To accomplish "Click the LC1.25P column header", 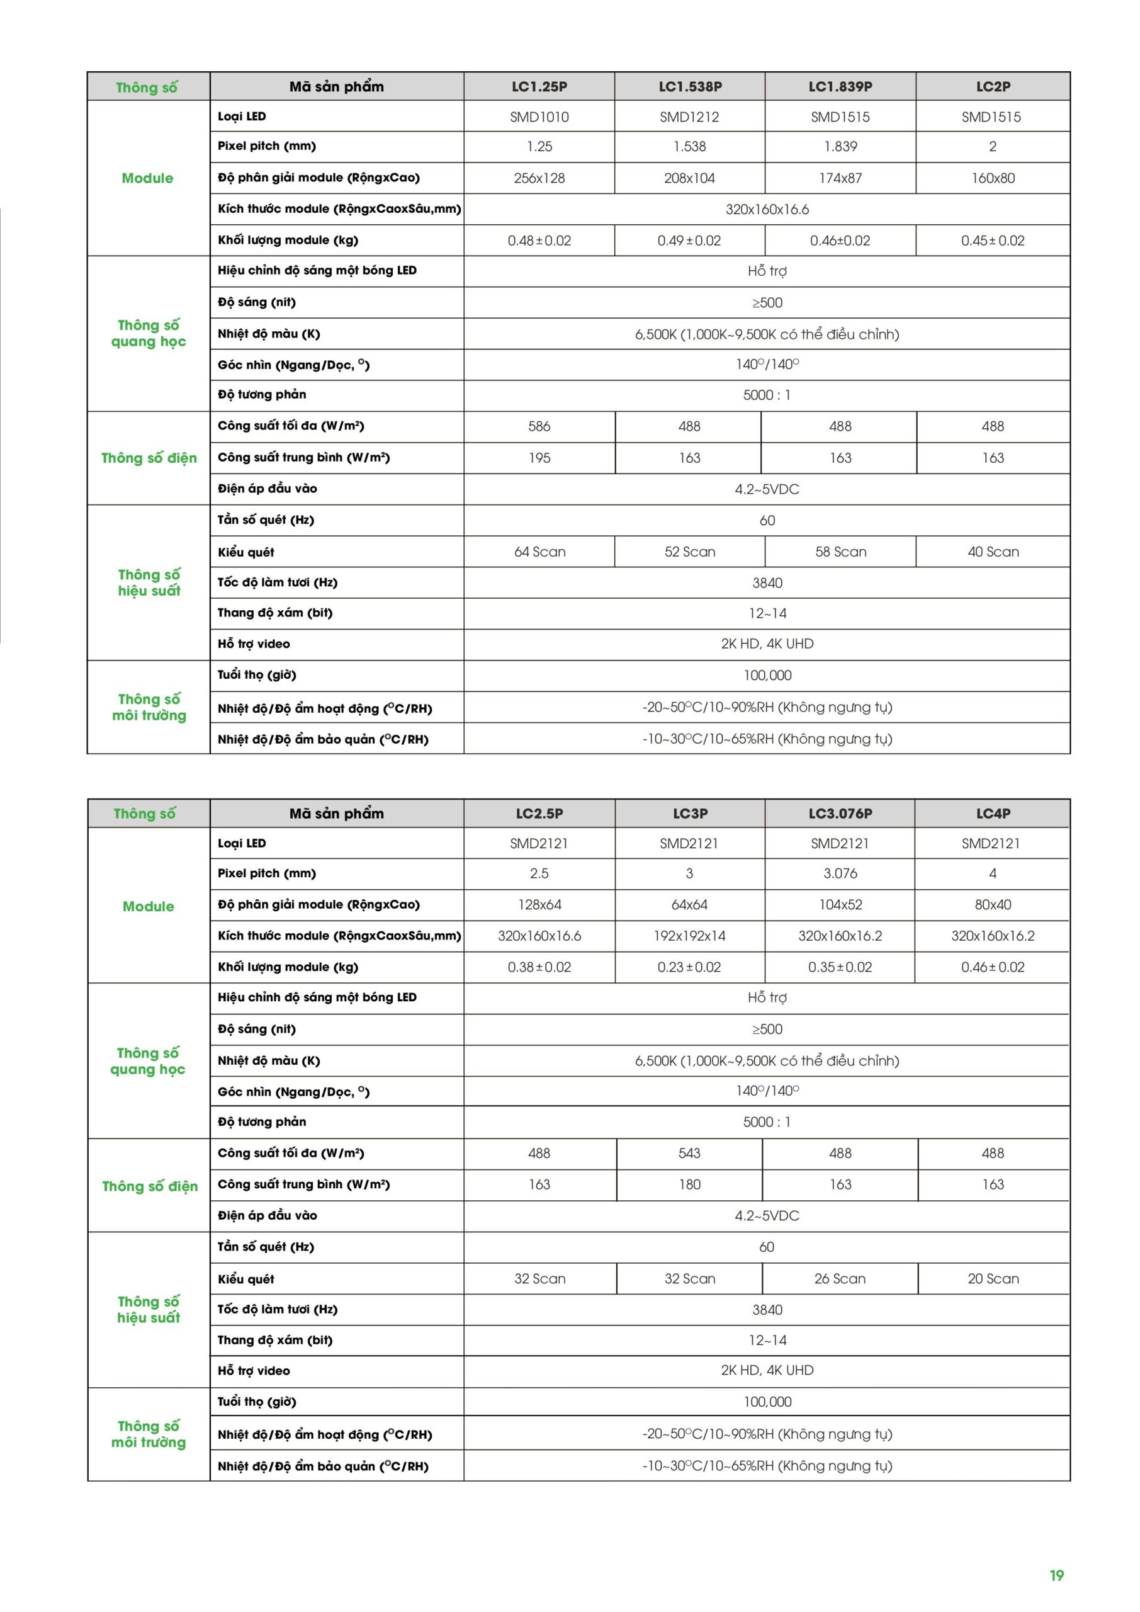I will [539, 86].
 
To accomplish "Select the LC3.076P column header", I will [840, 813].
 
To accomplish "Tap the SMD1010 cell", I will [539, 116].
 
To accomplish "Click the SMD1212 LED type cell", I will [689, 116].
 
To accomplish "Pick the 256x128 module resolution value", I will [539, 178].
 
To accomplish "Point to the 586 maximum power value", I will [539, 426].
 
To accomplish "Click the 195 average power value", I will [539, 458].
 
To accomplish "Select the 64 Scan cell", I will [539, 552].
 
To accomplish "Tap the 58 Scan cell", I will [840, 552].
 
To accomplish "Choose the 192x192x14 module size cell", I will [689, 936].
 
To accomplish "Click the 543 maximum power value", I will [689, 1153].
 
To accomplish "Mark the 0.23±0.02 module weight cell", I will [689, 967].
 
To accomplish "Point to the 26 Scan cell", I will [840, 1278].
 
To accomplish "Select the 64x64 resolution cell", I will [689, 904].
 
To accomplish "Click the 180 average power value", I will [689, 1184].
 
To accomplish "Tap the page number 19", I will [1056, 1575].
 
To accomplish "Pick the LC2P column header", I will [993, 86].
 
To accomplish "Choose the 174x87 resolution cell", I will [840, 178].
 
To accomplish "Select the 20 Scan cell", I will [993, 1278].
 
